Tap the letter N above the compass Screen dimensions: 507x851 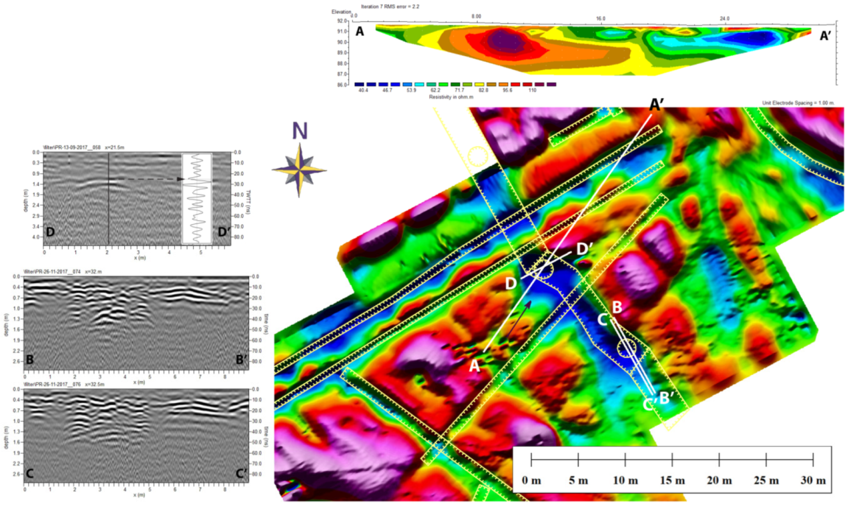[299, 132]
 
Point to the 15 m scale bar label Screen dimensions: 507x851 [672, 481]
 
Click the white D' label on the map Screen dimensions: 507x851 [585, 249]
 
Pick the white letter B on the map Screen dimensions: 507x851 [617, 306]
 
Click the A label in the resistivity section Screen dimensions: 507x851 [360, 31]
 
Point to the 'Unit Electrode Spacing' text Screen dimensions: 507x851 [798, 103]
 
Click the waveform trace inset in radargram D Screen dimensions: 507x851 [196, 198]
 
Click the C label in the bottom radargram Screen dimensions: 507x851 [30, 474]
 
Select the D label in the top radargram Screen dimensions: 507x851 [51, 232]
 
